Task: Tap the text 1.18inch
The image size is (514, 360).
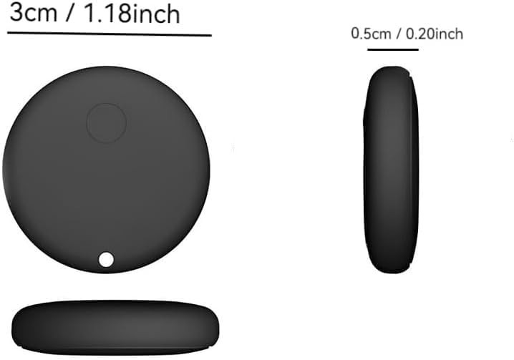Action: coord(135,14)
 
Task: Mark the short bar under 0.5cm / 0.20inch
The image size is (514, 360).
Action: coord(392,49)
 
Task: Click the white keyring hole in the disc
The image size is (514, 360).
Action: coord(106,259)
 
